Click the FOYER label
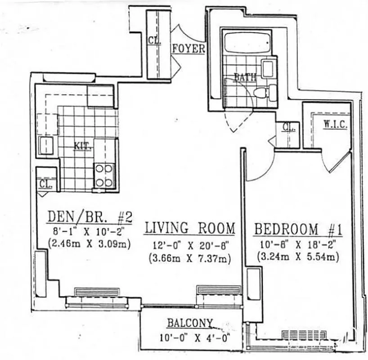coord(188,49)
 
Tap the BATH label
coord(245,77)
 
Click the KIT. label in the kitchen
coord(83,146)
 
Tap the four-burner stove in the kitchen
coord(104,175)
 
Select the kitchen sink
coord(46,145)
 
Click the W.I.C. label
coord(335,125)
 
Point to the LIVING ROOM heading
coord(189,228)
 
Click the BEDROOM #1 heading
coord(298,229)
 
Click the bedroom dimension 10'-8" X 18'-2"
coord(297,245)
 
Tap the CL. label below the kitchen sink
coord(46,184)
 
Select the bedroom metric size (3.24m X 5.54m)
coord(297,258)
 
